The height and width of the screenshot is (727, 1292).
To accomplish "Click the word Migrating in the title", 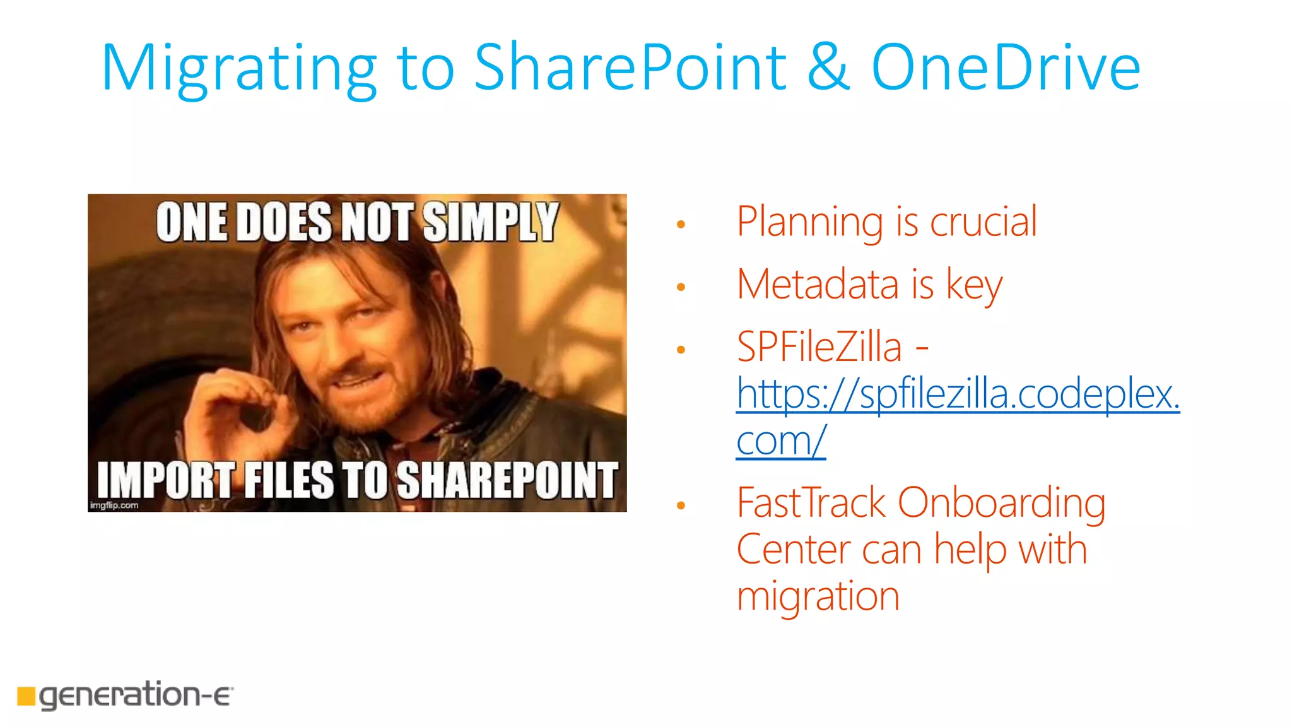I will (x=238, y=68).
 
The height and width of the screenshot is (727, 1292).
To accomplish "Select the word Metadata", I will (x=818, y=285).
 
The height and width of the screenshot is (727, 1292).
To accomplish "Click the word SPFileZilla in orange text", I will (x=819, y=347).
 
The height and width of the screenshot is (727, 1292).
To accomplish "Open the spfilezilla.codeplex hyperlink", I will (x=958, y=394).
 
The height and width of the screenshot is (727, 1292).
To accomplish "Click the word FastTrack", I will (x=811, y=503).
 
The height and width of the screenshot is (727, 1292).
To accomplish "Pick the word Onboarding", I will (x=1001, y=504).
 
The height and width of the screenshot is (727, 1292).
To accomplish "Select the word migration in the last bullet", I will (x=818, y=596).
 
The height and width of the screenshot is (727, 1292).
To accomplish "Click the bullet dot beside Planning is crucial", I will (x=681, y=224).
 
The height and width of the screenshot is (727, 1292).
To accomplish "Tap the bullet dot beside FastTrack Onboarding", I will (x=681, y=505).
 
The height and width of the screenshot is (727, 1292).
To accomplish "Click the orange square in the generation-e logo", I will (x=26, y=695).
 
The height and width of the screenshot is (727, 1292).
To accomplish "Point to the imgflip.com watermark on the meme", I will (x=114, y=505).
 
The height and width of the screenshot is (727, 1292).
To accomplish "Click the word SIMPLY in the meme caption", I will (x=490, y=222).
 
